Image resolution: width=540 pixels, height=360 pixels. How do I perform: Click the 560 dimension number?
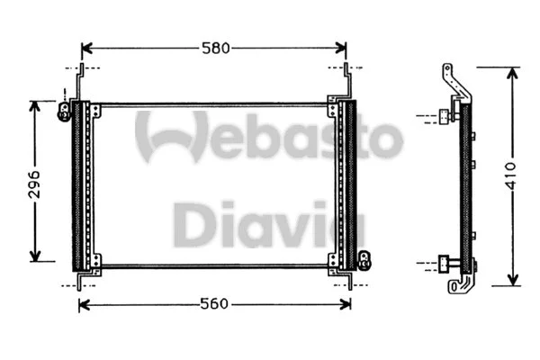coord(214,304)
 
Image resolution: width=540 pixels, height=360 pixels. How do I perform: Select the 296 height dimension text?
coord(34,181)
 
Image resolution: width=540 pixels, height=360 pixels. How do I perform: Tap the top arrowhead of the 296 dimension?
coord(35,105)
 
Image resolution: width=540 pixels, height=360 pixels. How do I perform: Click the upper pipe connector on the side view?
coord(444,115)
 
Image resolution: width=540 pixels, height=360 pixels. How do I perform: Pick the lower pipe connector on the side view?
coord(445,264)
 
